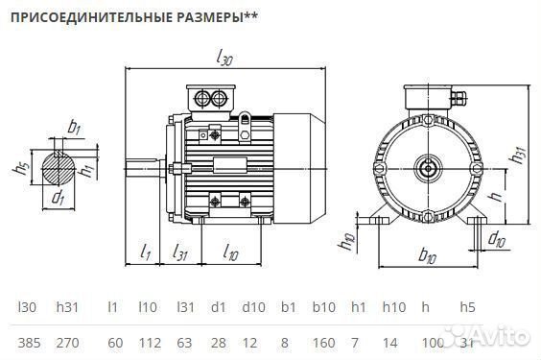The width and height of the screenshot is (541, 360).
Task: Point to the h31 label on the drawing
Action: click(518, 154)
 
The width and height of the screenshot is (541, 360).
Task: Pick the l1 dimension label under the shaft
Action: click(145, 252)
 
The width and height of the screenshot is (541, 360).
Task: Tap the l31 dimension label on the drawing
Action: click(179, 252)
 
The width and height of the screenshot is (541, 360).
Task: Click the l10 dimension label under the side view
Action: click(230, 252)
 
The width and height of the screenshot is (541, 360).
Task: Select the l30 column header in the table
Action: click(26, 307)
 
